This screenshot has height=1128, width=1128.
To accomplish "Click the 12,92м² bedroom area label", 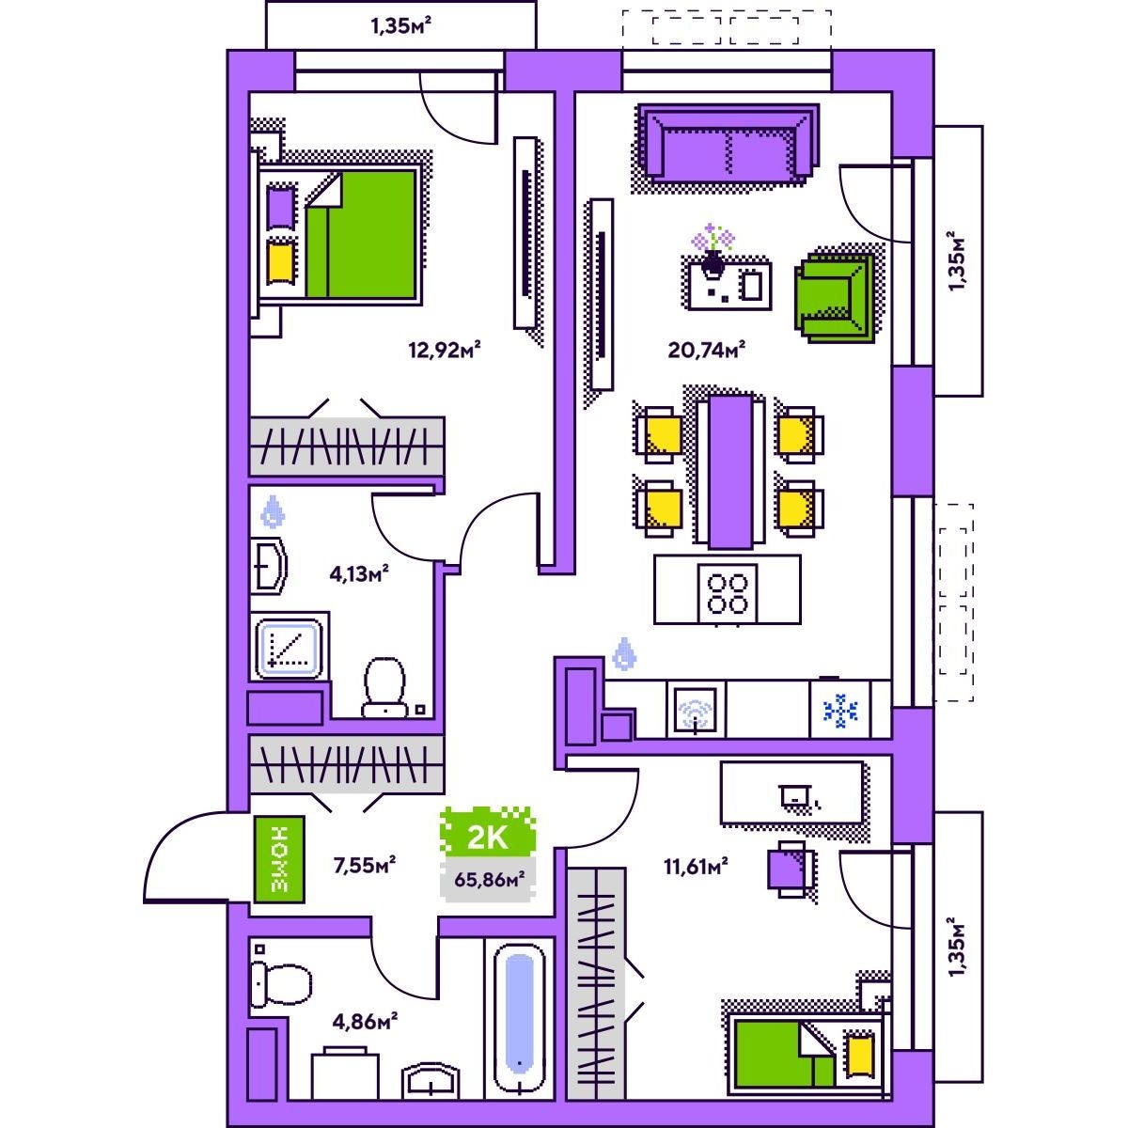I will [444, 352].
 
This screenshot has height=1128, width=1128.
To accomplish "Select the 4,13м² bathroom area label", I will [359, 572].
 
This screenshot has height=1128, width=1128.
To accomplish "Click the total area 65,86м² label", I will [489, 880].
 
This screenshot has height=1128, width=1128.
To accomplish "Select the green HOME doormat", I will [280, 859].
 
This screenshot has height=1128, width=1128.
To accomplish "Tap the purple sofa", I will [728, 143].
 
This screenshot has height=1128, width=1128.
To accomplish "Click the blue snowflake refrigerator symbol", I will [840, 710].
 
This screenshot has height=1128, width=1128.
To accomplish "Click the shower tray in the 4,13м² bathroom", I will [290, 647].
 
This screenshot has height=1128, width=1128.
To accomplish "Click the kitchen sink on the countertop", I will [697, 710].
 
